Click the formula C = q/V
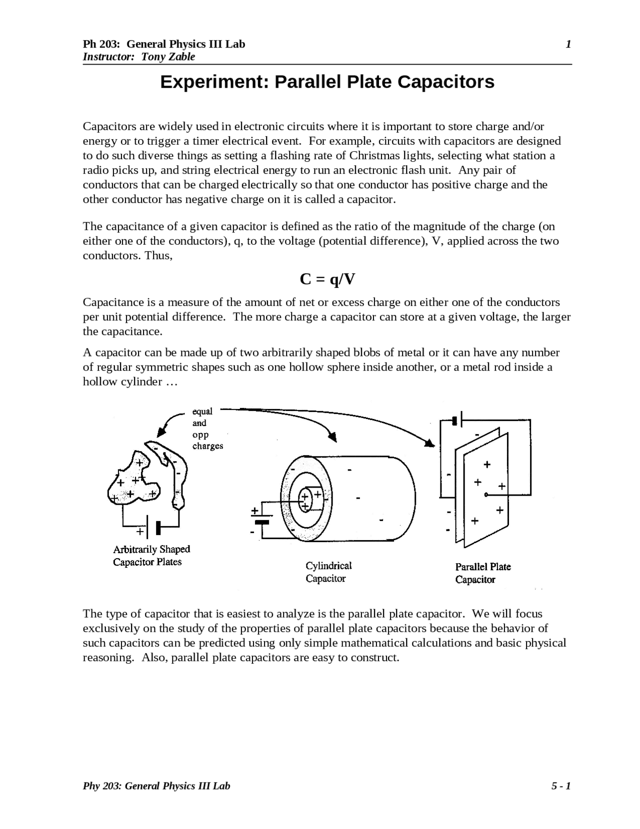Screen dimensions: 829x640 pyautogui.click(x=327, y=279)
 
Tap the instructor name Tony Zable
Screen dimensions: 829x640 pyautogui.click(x=168, y=57)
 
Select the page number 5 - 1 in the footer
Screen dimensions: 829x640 pyautogui.click(x=561, y=786)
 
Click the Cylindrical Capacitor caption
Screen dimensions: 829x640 pyautogui.click(x=328, y=572)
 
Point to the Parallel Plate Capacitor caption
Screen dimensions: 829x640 pyautogui.click(x=482, y=573)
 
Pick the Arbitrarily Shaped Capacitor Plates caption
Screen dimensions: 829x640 pyautogui.click(x=151, y=556)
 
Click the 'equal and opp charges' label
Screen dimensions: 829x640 pyautogui.click(x=207, y=429)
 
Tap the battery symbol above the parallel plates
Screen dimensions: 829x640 pyautogui.click(x=457, y=421)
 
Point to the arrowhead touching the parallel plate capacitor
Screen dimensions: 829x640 pyautogui.click(x=429, y=443)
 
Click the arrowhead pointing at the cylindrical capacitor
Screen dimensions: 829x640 pyautogui.click(x=332, y=437)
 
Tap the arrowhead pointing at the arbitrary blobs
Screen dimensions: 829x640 pyautogui.click(x=161, y=432)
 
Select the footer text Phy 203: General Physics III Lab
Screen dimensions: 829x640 pyautogui.click(x=156, y=786)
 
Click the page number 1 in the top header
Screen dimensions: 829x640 pyautogui.click(x=568, y=45)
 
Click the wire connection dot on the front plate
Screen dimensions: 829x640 pyautogui.click(x=485, y=495)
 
